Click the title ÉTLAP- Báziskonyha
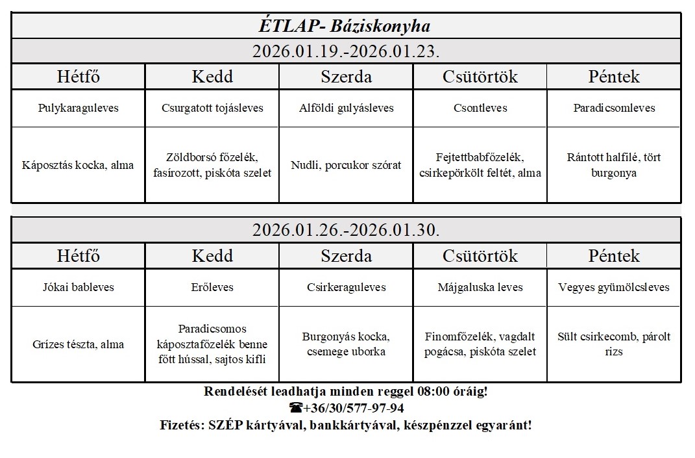coord(344,27)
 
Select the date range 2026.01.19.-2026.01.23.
coord(346,51)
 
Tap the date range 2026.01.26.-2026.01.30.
coord(346,230)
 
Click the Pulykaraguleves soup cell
coord(78,108)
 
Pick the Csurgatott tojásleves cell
coord(212,108)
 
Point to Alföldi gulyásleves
coord(347,108)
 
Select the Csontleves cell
coord(480,108)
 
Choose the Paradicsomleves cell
coord(614,108)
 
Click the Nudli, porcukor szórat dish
coord(347,165)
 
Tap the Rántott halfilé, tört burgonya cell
coord(614,165)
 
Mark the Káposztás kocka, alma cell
coord(78,165)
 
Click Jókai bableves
coord(78,287)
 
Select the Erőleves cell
coord(212,287)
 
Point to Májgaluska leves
coord(480,287)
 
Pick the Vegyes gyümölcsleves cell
coord(614,287)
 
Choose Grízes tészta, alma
coord(78,344)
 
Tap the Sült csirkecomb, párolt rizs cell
coord(614,344)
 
